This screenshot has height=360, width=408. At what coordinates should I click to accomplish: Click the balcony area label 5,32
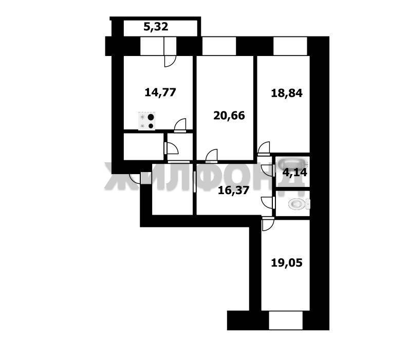(x=156, y=27)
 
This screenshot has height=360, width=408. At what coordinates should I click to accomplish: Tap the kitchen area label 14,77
(x=160, y=92)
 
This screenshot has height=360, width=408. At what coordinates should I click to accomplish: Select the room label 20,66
(x=229, y=115)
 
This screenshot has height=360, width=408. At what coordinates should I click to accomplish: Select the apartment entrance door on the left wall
(x=136, y=178)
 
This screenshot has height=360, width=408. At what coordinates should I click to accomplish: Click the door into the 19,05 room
(x=268, y=224)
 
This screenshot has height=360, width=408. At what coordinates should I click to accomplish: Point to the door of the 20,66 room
(x=211, y=155)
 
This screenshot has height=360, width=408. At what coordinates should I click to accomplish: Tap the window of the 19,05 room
(x=286, y=320)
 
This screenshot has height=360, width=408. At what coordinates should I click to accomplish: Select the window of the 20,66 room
(x=218, y=46)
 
